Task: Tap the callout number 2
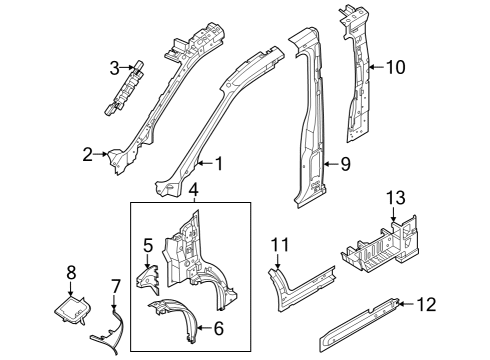(x=88, y=154)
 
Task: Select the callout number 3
(x=115, y=68)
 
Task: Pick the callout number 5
(x=147, y=243)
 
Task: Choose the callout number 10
(x=395, y=68)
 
